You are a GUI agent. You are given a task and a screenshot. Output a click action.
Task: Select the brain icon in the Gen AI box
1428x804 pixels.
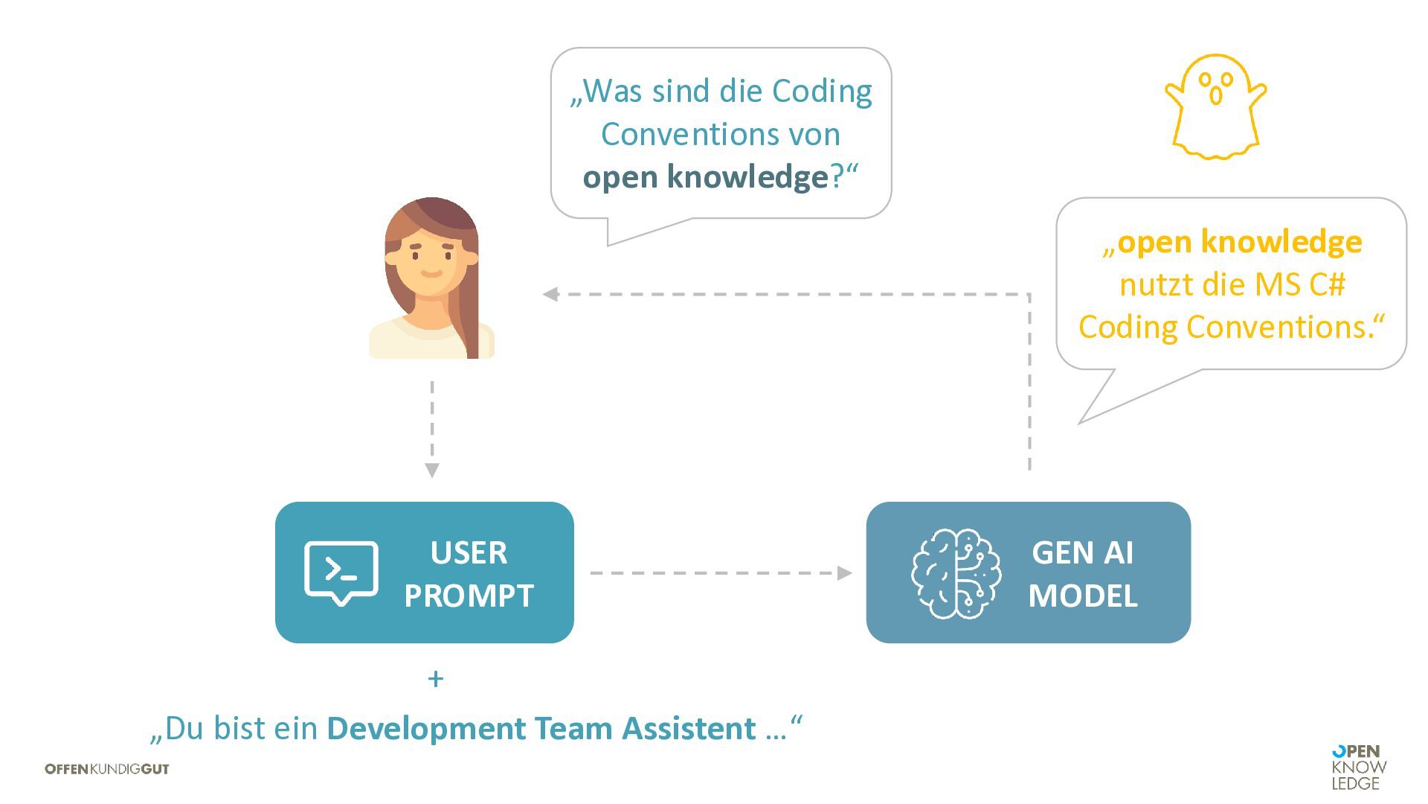click(x=956, y=573)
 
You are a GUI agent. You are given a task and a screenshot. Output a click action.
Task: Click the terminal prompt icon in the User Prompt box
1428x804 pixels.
click(x=341, y=572)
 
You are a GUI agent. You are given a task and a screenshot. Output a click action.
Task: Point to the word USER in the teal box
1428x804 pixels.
click(x=469, y=553)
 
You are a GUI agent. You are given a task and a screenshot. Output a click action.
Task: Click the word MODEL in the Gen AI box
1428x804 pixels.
click(x=1083, y=596)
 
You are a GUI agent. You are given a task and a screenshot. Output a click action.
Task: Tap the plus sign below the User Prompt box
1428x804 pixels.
click(x=436, y=679)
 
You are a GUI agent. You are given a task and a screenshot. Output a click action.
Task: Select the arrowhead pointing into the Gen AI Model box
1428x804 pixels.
click(x=845, y=573)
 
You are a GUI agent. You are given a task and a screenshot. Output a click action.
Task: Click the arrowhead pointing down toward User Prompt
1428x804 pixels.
click(x=432, y=470)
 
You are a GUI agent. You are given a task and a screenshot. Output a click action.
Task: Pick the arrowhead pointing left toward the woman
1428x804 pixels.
click(x=550, y=294)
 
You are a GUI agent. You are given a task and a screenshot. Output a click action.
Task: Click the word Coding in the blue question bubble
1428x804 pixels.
click(x=822, y=92)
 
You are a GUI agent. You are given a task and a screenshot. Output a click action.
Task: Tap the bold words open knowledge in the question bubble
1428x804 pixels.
click(x=705, y=177)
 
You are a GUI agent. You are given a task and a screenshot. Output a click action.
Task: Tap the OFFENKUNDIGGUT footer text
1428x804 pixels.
click(x=107, y=769)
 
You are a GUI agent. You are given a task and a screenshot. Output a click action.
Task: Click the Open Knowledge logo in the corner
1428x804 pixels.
click(x=1359, y=768)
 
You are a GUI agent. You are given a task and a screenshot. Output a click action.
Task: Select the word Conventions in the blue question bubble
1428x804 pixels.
click(x=720, y=135)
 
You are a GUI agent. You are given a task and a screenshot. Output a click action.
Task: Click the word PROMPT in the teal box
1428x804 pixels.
click(x=469, y=596)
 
